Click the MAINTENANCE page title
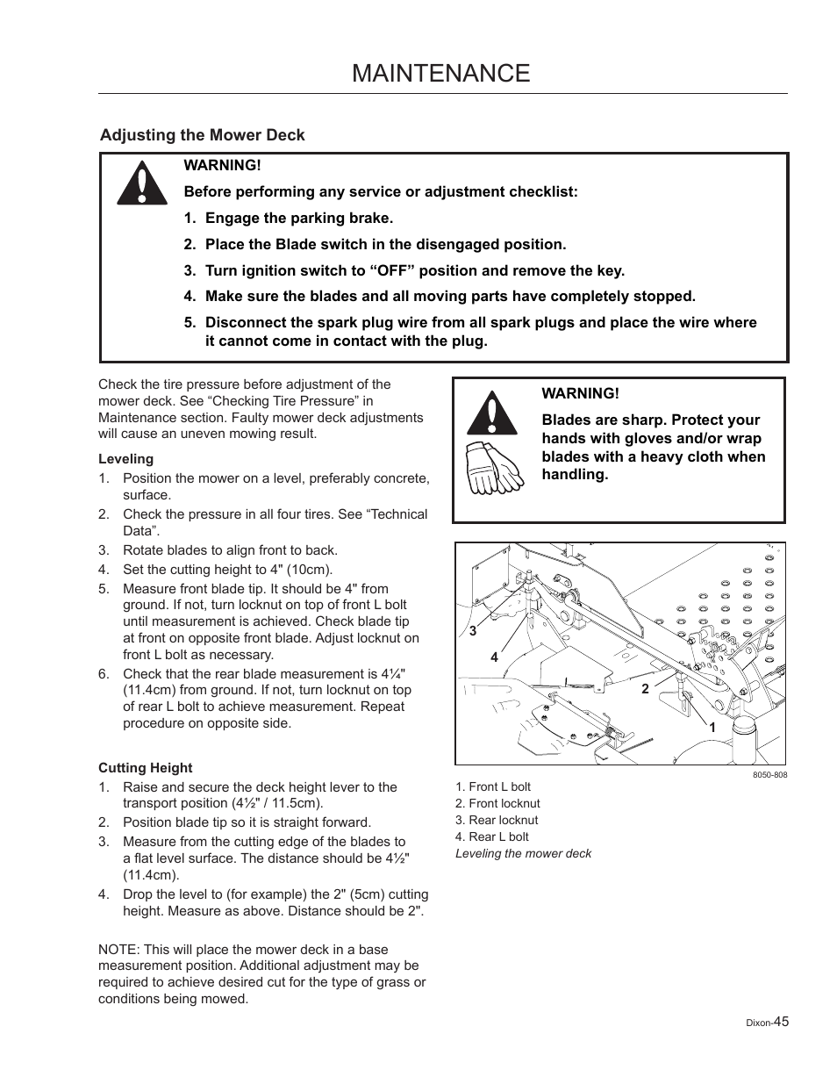[x=440, y=73]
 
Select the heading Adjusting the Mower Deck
[x=202, y=134]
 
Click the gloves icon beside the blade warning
[x=493, y=469]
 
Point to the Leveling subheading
[x=125, y=458]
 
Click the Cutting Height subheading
[x=145, y=767]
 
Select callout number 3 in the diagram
[x=472, y=631]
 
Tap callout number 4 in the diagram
[x=494, y=657]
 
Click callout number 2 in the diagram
[x=645, y=689]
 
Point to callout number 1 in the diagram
[x=712, y=728]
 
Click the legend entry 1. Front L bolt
[x=493, y=786]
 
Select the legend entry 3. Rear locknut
[x=497, y=820]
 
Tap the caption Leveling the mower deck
[x=523, y=853]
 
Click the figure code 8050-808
[x=769, y=775]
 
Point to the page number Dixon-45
[x=768, y=1022]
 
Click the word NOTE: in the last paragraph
[x=118, y=949]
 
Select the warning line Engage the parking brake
[x=298, y=218]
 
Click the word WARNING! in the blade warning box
[x=580, y=393]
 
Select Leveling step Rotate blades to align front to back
[x=230, y=549]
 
